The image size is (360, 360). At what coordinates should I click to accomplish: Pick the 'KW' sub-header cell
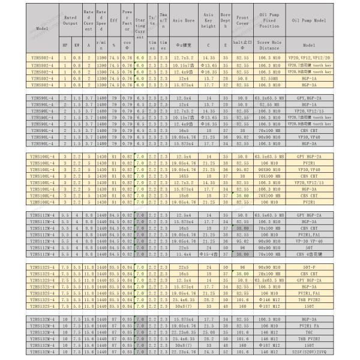coord(76,44)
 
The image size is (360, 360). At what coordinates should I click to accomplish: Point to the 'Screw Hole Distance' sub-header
coord(269,44)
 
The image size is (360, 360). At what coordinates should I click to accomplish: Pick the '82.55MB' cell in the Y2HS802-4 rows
coord(269,78)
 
